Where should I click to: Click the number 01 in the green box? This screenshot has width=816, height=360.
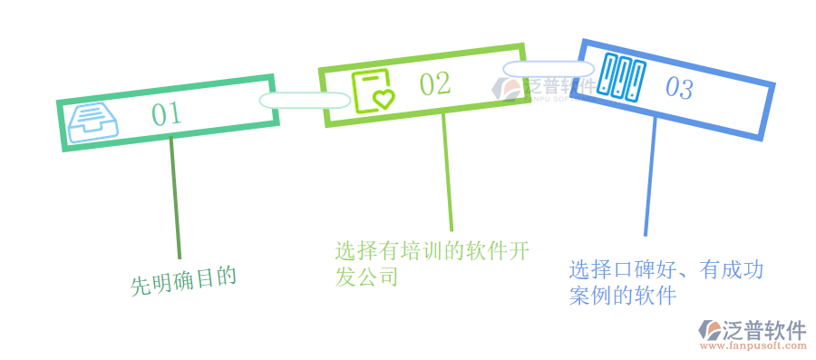(166, 113)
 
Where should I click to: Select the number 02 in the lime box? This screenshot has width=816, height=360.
(434, 83)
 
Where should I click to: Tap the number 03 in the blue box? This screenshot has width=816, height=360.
(679, 88)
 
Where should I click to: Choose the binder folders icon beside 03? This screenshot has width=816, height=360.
(620, 77)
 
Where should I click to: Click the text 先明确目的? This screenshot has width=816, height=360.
(184, 282)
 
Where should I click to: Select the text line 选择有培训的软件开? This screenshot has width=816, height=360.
(432, 250)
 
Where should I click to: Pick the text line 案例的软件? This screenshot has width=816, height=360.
(623, 296)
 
